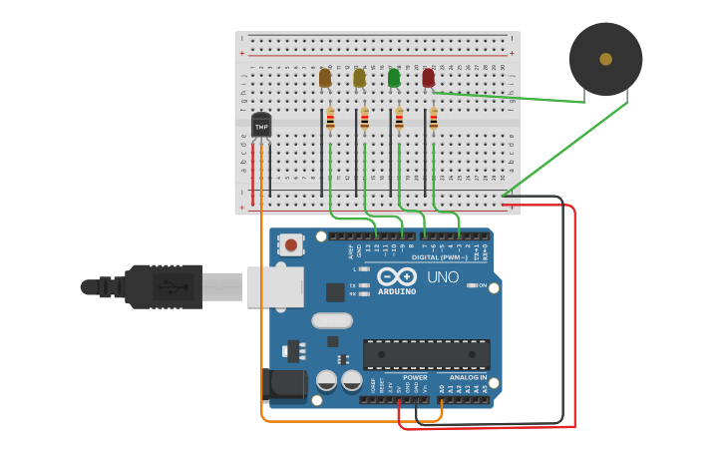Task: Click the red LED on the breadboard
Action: pyautogui.click(x=428, y=77)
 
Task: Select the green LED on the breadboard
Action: pyautogui.click(x=394, y=77)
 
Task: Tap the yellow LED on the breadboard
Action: pyautogui.click(x=359, y=77)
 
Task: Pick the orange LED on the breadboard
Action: pyautogui.click(x=325, y=77)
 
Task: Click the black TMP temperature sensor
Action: pyautogui.click(x=261, y=127)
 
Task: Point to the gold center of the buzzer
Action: pyautogui.click(x=605, y=60)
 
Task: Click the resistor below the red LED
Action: pyautogui.click(x=433, y=120)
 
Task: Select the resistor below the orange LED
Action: pyautogui.click(x=330, y=120)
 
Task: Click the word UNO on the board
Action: pyautogui.click(x=443, y=276)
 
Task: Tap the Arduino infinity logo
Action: pyautogui.click(x=396, y=276)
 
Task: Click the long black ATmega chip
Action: pyautogui.click(x=426, y=353)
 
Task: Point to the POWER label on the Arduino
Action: pyautogui.click(x=415, y=377)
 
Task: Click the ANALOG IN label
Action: pyautogui.click(x=468, y=377)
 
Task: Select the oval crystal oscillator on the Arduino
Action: pyautogui.click(x=332, y=320)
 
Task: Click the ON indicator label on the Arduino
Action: pyautogui.click(x=483, y=285)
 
